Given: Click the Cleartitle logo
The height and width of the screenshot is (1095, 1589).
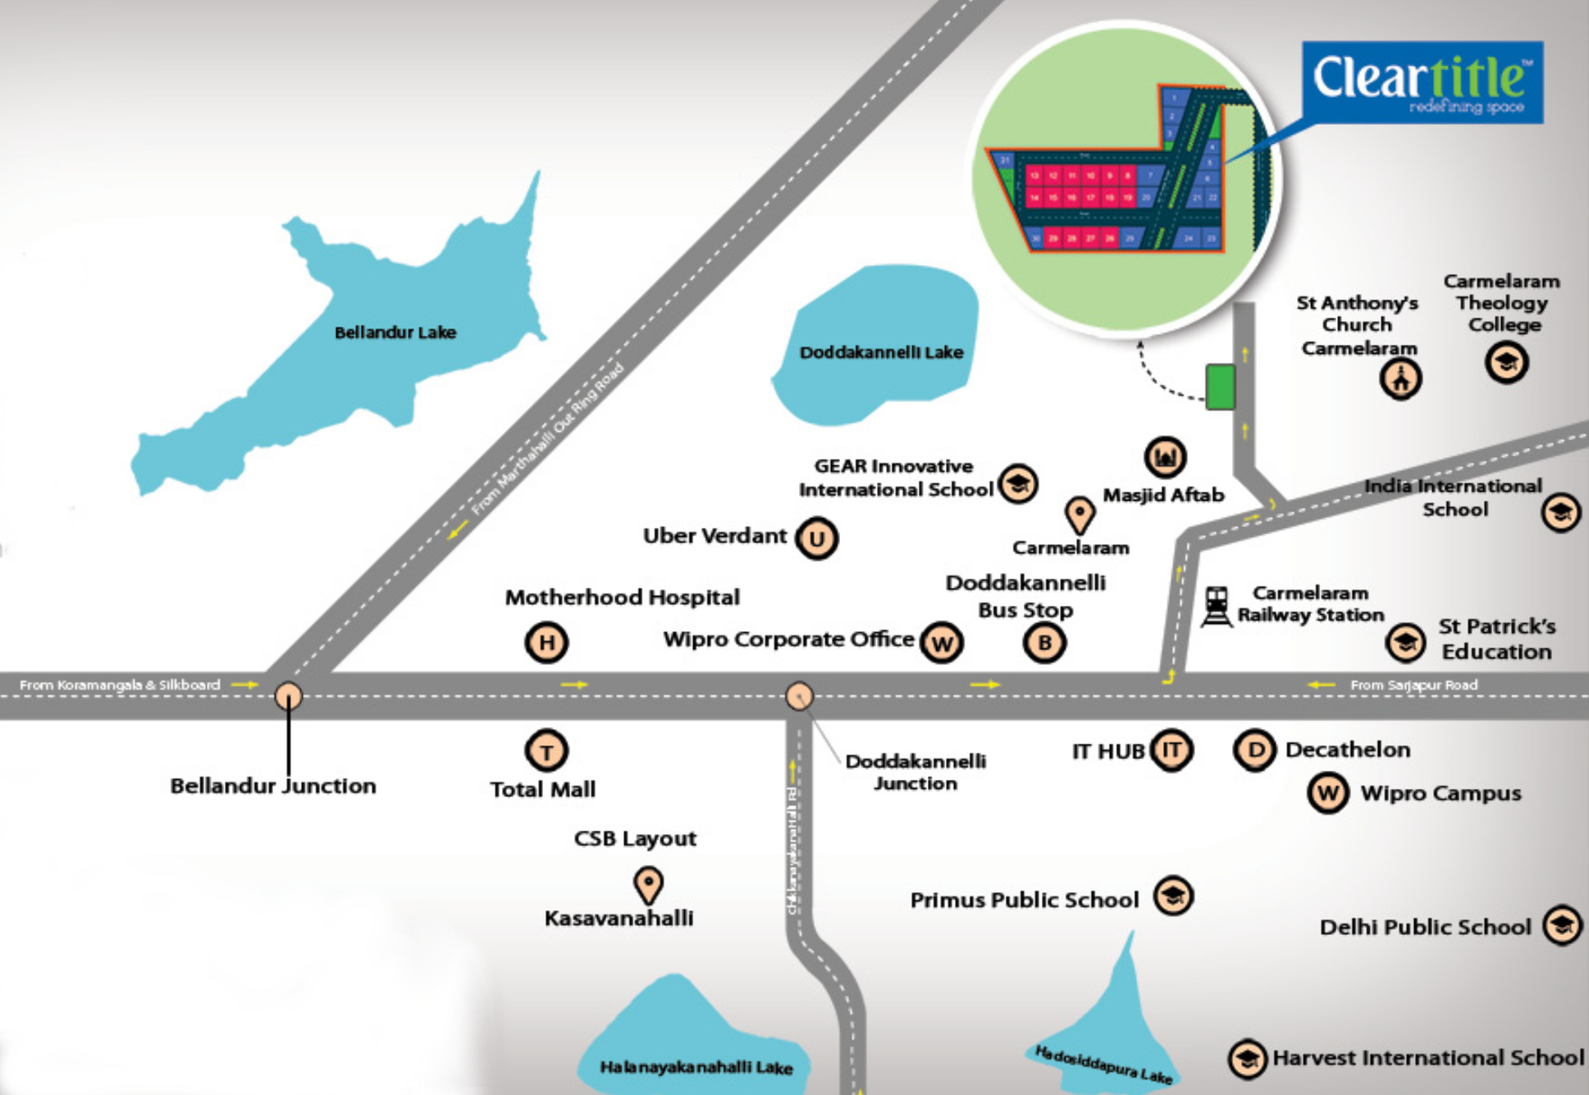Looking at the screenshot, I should coord(1422,82).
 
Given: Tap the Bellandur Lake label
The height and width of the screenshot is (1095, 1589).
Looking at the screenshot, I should coord(395,332).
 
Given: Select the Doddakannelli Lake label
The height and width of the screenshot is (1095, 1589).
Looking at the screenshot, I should coord(880,352).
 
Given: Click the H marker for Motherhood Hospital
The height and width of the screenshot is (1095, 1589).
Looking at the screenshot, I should coord(546,642).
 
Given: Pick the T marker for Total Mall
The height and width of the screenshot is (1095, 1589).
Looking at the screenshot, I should coord(546,750).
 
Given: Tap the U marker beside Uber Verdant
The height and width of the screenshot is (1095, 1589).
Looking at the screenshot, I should coord(817,538).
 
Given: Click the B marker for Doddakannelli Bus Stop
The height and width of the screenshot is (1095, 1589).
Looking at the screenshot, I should coord(1044,642).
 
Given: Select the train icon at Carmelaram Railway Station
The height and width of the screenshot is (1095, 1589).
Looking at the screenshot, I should coord(1217,607).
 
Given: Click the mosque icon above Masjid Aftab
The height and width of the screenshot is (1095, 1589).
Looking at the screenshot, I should coord(1165,456).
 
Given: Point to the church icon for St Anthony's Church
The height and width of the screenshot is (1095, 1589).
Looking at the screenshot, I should coord(1400,379).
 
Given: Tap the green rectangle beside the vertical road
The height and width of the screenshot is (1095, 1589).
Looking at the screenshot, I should coord(1220,387).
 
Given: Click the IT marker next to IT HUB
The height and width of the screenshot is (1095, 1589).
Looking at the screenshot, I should coord(1171,749).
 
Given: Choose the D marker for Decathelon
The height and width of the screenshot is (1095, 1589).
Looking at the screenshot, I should coord(1254,749).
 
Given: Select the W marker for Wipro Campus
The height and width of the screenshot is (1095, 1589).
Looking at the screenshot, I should coord(1328,793).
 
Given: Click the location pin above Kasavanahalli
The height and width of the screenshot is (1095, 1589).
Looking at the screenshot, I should coord(648,884).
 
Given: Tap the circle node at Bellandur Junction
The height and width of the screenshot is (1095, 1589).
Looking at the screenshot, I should coord(288,696).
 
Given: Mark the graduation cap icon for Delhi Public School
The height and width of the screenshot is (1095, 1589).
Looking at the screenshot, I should coord(1562,926).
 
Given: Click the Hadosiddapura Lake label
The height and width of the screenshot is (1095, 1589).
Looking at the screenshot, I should coord(1104,1064).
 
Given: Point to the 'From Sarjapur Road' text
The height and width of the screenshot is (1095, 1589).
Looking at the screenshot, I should coord(1413,685).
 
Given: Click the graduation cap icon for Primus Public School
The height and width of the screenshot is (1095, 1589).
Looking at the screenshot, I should coord(1173,896).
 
